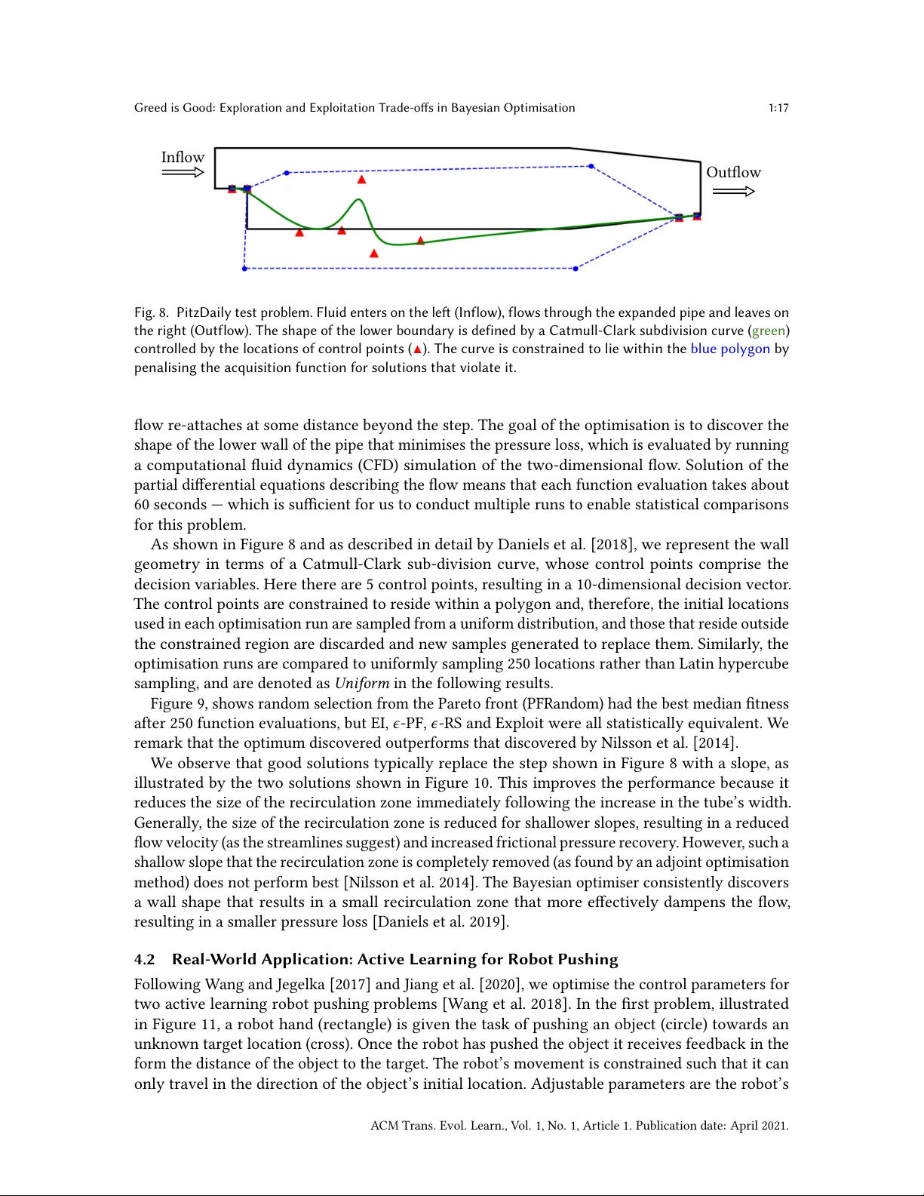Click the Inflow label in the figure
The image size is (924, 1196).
pos(183,157)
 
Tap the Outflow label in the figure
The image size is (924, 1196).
pos(733,172)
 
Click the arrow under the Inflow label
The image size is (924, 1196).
pos(183,173)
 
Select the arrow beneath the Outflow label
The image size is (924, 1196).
pos(733,191)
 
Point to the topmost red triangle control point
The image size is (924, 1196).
pos(362,180)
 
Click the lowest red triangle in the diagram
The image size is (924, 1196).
pos(374,254)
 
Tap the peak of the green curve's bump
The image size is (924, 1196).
pos(360,200)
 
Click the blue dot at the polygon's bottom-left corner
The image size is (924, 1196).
pos(244,269)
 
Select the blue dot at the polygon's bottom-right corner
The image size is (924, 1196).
pos(576,269)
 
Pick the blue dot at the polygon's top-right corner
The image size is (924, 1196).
pos(591,166)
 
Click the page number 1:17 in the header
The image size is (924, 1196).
pos(778,108)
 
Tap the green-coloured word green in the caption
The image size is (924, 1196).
pos(769,331)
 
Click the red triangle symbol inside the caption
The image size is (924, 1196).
pos(417,349)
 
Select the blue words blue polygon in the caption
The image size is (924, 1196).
pos(730,349)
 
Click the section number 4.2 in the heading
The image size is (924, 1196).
pos(145,960)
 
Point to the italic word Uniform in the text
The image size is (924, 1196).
pos(362,684)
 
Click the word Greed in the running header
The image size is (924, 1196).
pos(150,108)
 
